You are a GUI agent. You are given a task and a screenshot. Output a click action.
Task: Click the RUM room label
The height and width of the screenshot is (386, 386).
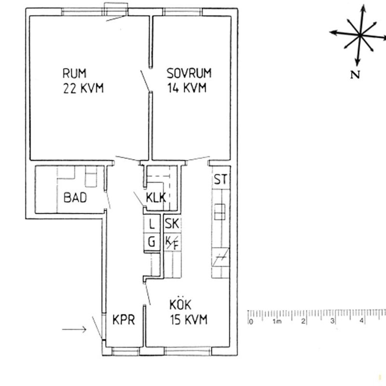74,74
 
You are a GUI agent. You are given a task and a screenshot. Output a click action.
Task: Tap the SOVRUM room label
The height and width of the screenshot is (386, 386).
189,74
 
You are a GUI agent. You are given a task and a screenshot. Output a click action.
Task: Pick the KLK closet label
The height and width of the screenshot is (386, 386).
157,197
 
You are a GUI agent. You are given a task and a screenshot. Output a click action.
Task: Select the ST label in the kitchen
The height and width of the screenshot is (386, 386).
221,180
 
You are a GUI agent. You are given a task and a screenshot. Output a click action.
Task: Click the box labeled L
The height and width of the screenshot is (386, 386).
152,224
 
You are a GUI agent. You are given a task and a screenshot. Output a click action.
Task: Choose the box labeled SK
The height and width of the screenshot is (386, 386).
171,224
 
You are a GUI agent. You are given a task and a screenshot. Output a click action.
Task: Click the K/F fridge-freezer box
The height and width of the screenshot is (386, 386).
171,242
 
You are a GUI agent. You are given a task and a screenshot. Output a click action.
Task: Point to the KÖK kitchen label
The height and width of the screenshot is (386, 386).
181,305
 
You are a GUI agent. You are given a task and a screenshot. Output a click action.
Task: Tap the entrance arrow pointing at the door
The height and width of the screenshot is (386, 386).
74,330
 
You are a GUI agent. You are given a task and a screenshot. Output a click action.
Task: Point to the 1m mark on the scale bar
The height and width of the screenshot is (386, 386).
277,321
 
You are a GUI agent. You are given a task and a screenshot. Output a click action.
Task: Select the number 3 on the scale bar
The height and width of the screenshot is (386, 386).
332,321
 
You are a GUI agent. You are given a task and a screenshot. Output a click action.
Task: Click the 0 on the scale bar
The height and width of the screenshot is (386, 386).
250,321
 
